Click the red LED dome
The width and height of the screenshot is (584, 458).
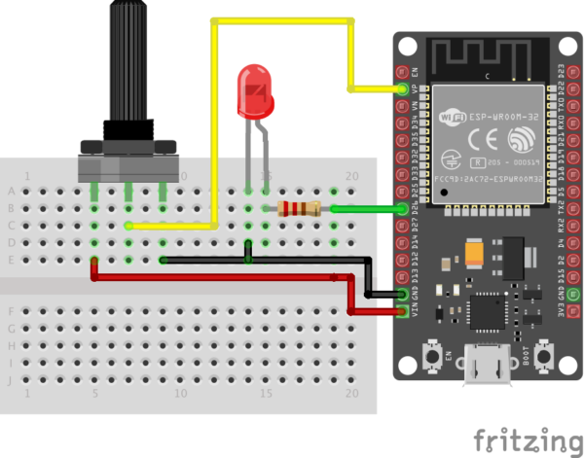(x=257, y=92)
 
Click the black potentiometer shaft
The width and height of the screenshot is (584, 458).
(x=127, y=58)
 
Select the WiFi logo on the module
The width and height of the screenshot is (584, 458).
(x=454, y=119)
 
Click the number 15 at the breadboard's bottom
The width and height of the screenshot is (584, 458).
(x=266, y=394)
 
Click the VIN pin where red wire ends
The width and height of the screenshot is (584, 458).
(x=402, y=312)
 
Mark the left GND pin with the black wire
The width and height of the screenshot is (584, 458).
(x=402, y=294)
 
